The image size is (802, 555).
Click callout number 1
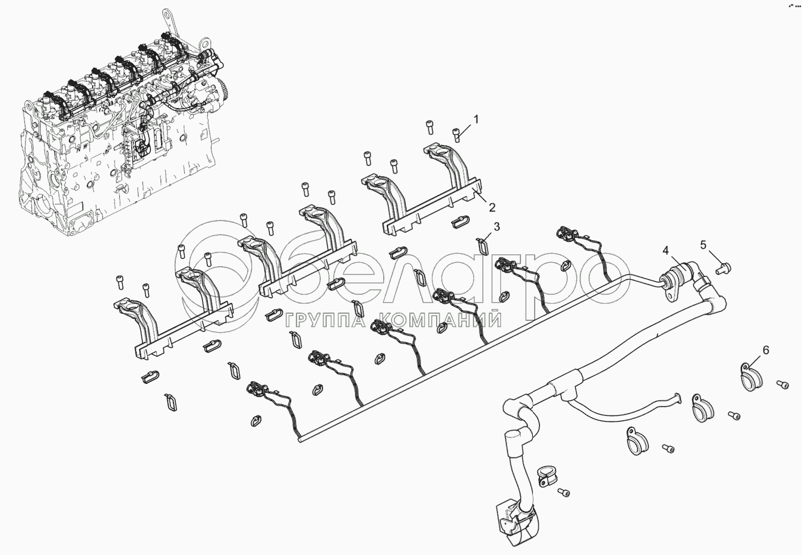pos(475,119)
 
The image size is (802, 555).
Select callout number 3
pos(497,226)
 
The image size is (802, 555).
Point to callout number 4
pos(667,250)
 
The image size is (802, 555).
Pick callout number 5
pos(703,244)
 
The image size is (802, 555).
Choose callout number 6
pos(765,351)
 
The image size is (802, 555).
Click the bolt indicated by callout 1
pos(457,135)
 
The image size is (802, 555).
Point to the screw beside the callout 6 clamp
pos(784,386)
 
